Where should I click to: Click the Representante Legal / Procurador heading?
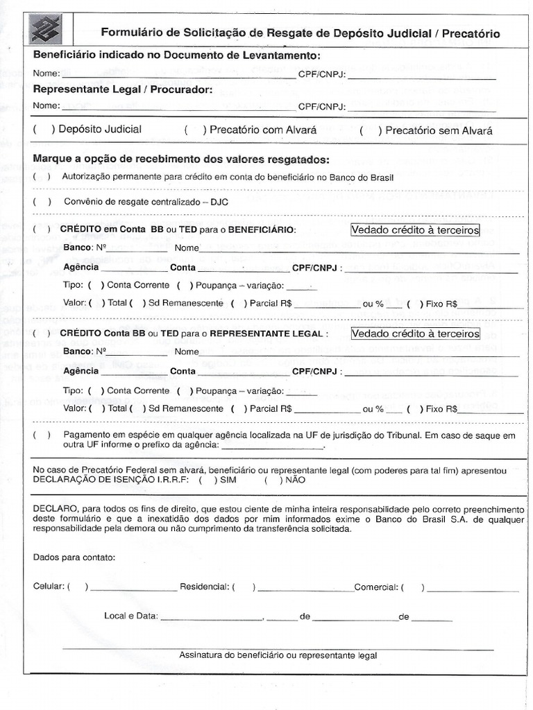123,90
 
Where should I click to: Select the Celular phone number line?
132,587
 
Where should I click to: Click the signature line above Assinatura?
278,648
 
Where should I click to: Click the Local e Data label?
130,616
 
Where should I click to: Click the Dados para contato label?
74,557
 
